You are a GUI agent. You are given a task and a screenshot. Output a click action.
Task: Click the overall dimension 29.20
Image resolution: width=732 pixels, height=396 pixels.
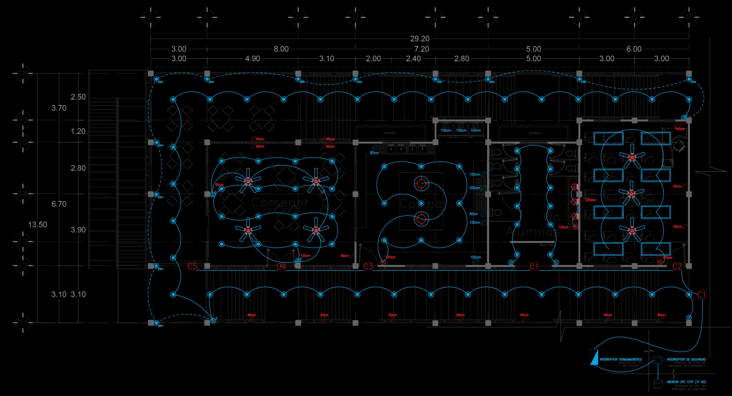[x=420, y=38]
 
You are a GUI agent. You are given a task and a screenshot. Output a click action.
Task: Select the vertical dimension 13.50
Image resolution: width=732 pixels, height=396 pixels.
[x=38, y=225]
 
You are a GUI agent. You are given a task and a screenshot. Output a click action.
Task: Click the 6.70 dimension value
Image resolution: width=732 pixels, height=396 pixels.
[x=59, y=204]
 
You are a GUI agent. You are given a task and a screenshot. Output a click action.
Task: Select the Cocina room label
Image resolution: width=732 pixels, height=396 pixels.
[x=421, y=204]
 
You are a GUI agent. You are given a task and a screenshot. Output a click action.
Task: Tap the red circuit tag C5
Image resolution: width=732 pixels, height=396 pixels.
[x=192, y=267]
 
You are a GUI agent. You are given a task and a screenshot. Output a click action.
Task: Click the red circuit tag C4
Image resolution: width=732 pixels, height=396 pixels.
[x=281, y=267]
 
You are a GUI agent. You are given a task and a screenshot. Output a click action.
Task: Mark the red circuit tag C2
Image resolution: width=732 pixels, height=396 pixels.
[x=677, y=267]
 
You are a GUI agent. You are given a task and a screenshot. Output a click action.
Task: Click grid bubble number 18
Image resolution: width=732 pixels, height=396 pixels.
[x=23, y=74]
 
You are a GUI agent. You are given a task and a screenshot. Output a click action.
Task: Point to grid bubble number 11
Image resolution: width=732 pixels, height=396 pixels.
[x=23, y=323]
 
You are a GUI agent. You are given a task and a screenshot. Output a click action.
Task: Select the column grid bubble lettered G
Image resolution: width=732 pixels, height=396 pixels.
[x=298, y=18]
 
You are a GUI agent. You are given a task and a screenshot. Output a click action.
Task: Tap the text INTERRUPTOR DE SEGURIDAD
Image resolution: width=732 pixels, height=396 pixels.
[x=686, y=360]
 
